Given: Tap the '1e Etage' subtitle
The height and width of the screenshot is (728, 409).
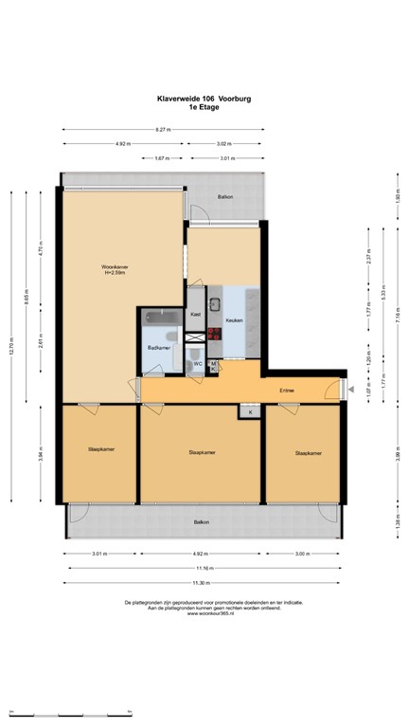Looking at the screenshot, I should click(204, 106).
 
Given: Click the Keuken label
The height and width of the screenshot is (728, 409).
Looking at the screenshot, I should click(235, 320).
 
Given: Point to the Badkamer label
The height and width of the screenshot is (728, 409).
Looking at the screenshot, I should click(158, 349).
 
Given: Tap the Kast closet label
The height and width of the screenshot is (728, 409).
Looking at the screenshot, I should click(196, 314).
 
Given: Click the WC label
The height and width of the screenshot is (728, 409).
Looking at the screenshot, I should click(198, 363).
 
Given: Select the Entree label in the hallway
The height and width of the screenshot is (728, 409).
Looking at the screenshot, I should click(285, 390).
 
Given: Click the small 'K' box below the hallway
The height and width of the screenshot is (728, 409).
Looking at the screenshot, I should click(250, 411).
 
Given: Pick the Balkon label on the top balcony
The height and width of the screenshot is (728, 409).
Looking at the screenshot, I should click(224, 197).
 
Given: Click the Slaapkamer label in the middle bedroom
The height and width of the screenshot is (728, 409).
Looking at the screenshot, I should click(202, 452).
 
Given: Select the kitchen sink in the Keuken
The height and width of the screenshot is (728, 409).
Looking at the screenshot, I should click(215, 305).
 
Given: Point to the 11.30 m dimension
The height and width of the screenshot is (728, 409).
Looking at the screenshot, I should click(202, 582).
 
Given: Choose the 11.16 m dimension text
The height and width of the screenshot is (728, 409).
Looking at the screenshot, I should click(202, 568).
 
